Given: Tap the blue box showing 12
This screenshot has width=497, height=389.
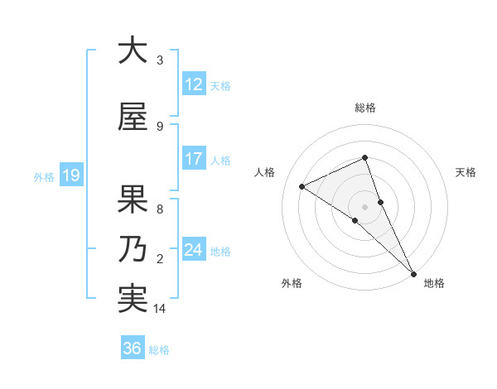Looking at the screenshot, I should point(193,85).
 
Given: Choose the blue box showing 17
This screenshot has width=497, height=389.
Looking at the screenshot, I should point(193,159).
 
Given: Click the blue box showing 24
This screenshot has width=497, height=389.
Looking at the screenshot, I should point(193,249).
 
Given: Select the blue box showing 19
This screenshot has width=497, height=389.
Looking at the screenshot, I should point(70,175).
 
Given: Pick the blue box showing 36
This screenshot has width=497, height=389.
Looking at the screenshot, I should point(133,348).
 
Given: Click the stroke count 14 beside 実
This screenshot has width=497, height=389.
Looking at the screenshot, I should point(160,310).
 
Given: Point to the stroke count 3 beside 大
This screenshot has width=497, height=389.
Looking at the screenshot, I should point(160,61).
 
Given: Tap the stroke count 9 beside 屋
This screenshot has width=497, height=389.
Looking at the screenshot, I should point(160,127).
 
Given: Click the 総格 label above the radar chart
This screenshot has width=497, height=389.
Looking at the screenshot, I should point(364,108).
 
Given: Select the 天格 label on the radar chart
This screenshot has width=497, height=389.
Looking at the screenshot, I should point(466,172).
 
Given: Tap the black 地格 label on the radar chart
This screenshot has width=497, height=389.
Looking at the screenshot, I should point(434,283).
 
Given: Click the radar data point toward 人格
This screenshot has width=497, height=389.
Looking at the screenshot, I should point(302,186).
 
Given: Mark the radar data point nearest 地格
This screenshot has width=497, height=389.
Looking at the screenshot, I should point(413,272).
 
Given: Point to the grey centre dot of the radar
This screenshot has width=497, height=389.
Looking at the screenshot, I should point(364,206).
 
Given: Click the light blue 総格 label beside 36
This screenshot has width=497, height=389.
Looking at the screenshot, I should point(159,349).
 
